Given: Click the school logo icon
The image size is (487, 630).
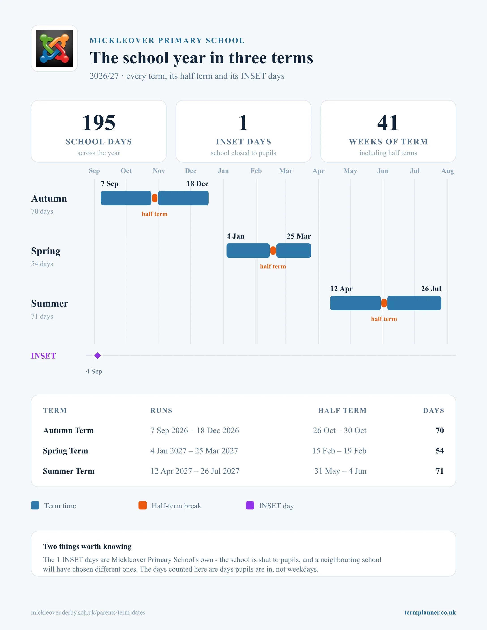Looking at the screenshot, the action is [x=54, y=48].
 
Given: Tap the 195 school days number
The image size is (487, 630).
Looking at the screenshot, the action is [x=99, y=123].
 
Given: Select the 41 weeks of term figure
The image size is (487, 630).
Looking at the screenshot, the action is [x=388, y=123].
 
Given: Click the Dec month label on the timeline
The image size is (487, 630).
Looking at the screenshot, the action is [x=190, y=171].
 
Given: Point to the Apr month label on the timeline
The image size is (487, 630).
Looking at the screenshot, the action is [x=318, y=171].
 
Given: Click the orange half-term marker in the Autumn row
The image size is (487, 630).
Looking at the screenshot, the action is [x=155, y=198].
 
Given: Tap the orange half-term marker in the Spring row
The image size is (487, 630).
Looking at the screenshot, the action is [x=273, y=251].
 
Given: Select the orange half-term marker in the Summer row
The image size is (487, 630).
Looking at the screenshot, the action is [x=384, y=303].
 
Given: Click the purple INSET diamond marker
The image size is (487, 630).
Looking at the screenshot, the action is [x=98, y=356].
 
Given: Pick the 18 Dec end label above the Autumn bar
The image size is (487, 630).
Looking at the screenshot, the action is [x=197, y=184].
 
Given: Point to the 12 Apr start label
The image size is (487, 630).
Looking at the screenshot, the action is [x=341, y=289].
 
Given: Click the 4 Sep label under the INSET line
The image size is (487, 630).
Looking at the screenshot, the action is [x=94, y=371].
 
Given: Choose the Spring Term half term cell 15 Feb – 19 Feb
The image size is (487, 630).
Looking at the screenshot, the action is [x=339, y=451].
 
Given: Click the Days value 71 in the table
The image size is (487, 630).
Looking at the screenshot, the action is [x=440, y=471].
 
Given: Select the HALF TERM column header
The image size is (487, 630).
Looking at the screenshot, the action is [x=342, y=411].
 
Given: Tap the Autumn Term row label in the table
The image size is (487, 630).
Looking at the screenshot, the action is [x=68, y=431].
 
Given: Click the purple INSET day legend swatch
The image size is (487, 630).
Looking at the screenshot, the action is [x=250, y=505].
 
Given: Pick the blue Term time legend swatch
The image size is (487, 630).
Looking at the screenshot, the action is [x=35, y=505].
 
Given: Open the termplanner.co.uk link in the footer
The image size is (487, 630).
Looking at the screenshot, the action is [x=430, y=612].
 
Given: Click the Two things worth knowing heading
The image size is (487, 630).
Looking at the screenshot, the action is [x=87, y=546].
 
